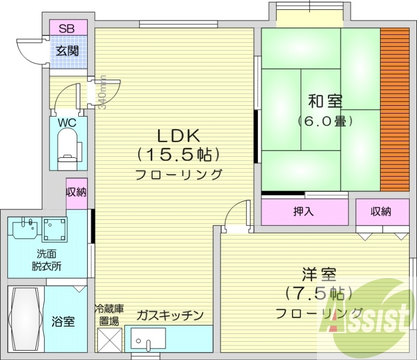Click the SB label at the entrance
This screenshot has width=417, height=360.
coord(66,28)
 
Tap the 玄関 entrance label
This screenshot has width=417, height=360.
coord(67,51)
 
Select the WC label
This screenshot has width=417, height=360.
coord(67,123)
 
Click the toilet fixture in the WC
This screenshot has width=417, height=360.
coord(67,146)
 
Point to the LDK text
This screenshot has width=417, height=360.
coord(179,136)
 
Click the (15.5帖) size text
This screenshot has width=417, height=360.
coord(178,155)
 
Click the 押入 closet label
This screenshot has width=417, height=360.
coord(304,212)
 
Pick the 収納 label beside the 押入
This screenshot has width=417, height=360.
coord(382,212)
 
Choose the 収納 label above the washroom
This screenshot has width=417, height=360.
coord(76,192)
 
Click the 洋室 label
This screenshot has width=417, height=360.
coord(318,274)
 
